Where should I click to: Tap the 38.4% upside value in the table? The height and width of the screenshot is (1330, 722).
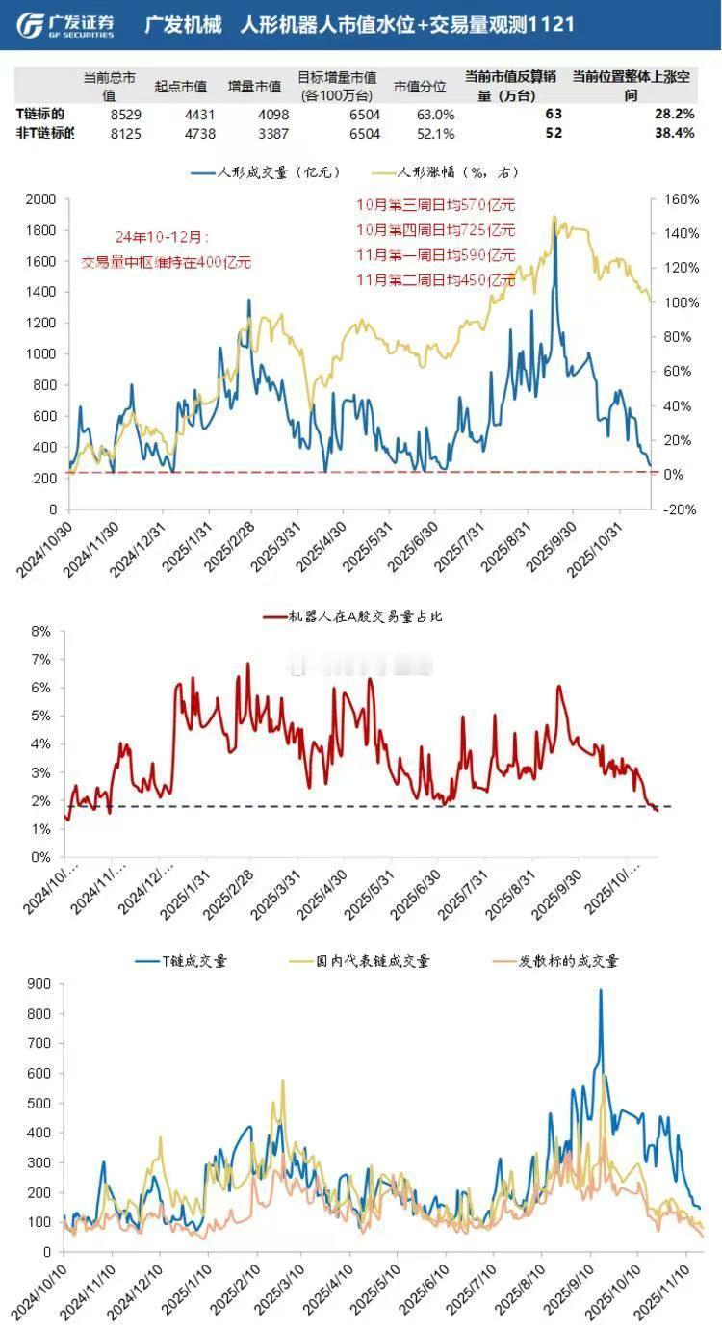click(673, 133)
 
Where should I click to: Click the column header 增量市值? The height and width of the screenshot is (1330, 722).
click(254, 87)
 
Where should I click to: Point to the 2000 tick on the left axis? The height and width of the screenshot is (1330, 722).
click(41, 199)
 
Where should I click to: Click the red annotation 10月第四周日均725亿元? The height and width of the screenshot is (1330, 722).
click(436, 230)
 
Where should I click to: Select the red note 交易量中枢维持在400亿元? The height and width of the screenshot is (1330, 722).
click(167, 261)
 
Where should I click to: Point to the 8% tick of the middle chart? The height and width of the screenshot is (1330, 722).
click(41, 632)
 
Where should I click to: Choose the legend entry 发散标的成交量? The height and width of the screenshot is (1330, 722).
click(567, 961)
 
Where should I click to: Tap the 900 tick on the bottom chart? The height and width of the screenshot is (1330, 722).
click(39, 984)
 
